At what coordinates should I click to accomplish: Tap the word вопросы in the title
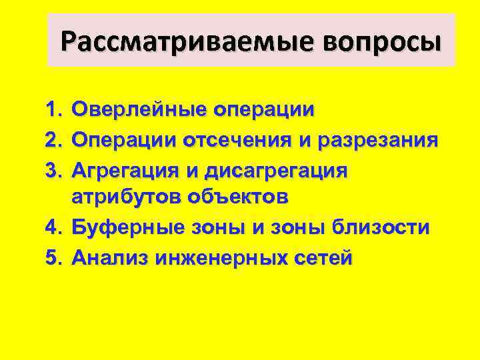[382, 42]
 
